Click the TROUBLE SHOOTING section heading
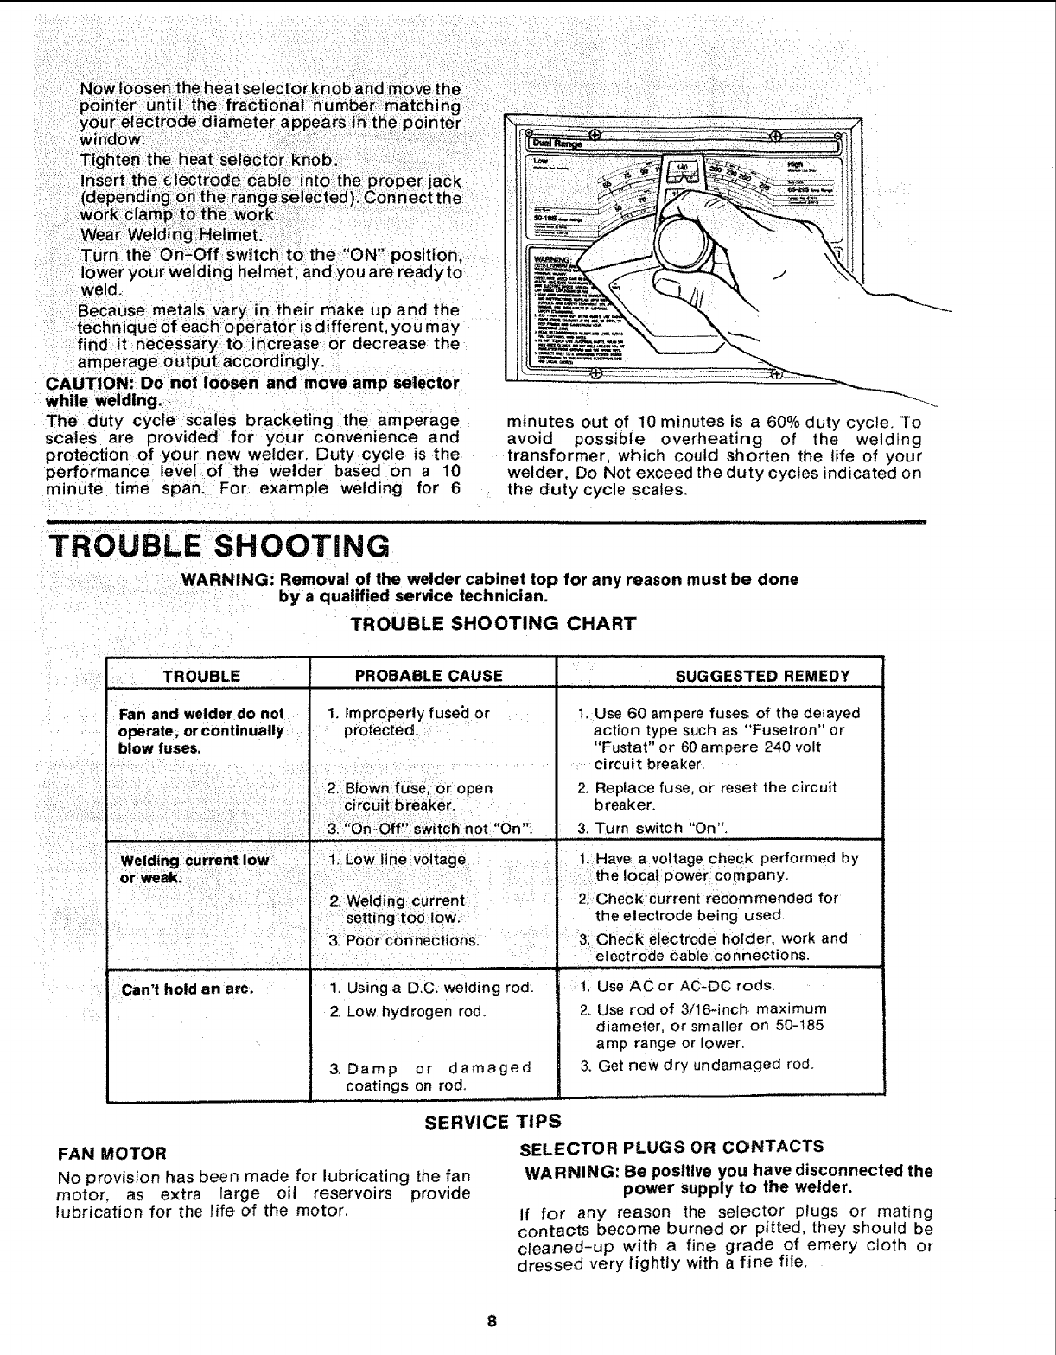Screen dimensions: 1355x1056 tap(218, 546)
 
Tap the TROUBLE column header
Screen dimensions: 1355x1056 tap(207, 675)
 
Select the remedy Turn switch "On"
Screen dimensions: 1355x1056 tap(652, 829)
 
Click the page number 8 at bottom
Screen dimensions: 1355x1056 tap(490, 1322)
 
